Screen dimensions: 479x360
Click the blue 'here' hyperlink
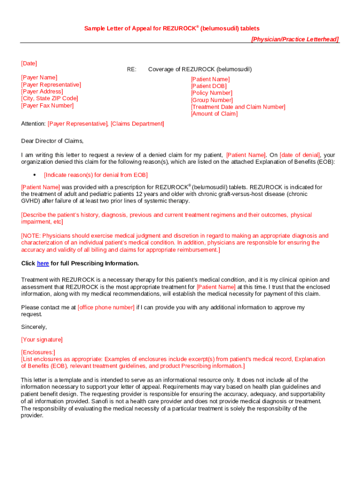coord(43,263)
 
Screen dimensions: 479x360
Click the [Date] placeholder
coord(29,63)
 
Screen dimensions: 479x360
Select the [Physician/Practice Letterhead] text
coord(295,39)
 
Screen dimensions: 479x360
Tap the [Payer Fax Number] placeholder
coord(47,105)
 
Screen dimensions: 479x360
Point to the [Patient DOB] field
coord(209,86)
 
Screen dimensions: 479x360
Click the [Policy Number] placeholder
coord(211,93)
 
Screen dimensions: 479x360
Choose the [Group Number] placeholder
coord(212,100)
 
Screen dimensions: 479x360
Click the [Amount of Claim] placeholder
coord(214,114)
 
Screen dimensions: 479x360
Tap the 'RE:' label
coord(131,69)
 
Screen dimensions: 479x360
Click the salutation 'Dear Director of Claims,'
coord(52,141)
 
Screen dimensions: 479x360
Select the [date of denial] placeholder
coord(300,155)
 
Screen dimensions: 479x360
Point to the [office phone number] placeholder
coord(106,307)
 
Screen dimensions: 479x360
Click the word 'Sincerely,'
coord(34,327)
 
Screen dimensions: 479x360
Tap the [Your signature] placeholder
coord(42,340)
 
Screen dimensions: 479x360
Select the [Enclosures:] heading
coord(38,352)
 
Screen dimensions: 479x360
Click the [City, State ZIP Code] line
coord(50,98)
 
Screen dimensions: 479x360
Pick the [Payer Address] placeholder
coord(42,91)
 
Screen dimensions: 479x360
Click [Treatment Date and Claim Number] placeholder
coord(238,107)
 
